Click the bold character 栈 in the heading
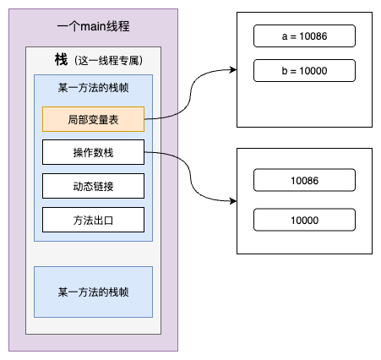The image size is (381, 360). (61, 60)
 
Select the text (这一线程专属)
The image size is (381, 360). (107, 61)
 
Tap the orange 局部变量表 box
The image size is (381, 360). (93, 120)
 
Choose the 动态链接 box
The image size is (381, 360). (93, 186)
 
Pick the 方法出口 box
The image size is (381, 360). (93, 219)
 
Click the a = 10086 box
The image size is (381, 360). (304, 35)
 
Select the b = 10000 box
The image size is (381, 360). (304, 69)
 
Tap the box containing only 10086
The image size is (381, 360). (304, 180)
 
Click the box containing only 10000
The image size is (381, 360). (304, 220)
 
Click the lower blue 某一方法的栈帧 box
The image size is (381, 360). (93, 292)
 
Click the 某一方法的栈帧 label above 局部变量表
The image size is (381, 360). (93, 88)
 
